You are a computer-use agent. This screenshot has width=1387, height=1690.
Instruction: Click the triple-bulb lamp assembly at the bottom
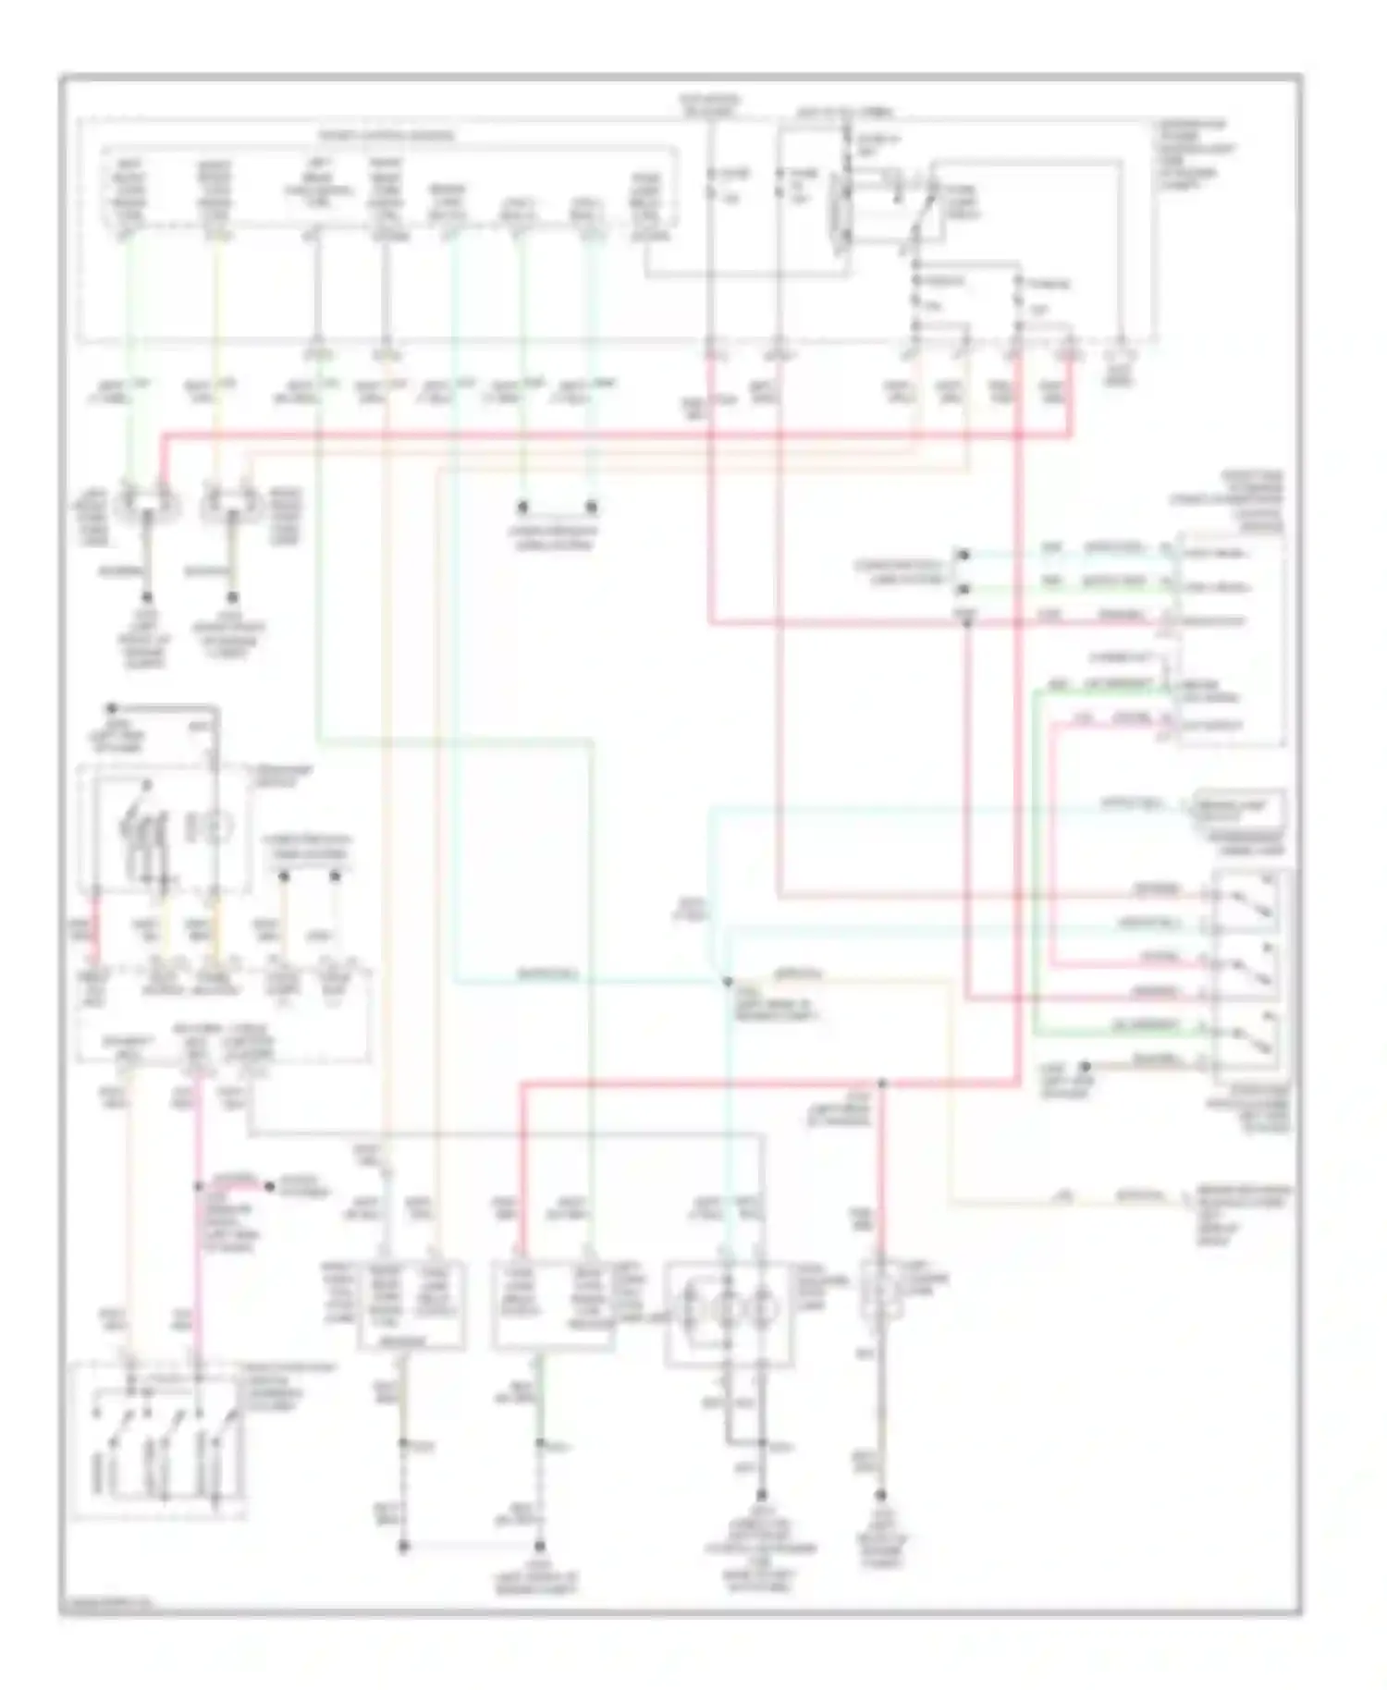click(728, 1312)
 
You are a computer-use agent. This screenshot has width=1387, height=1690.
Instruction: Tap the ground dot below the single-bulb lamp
click(881, 1495)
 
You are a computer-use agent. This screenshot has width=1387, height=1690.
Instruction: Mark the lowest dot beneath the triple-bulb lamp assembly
click(762, 1495)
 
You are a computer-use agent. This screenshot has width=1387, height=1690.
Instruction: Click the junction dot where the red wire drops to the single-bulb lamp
click(881, 1083)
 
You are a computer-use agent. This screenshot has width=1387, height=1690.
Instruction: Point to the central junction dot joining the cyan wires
click(728, 981)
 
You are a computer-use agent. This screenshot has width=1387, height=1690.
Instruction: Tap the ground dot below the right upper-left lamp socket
click(232, 598)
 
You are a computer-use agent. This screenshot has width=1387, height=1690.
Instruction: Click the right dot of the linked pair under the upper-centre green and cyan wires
click(593, 508)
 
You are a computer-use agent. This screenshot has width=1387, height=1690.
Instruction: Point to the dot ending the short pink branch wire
click(269, 1185)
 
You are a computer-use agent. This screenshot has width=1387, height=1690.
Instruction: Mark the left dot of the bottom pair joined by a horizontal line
click(403, 1546)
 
